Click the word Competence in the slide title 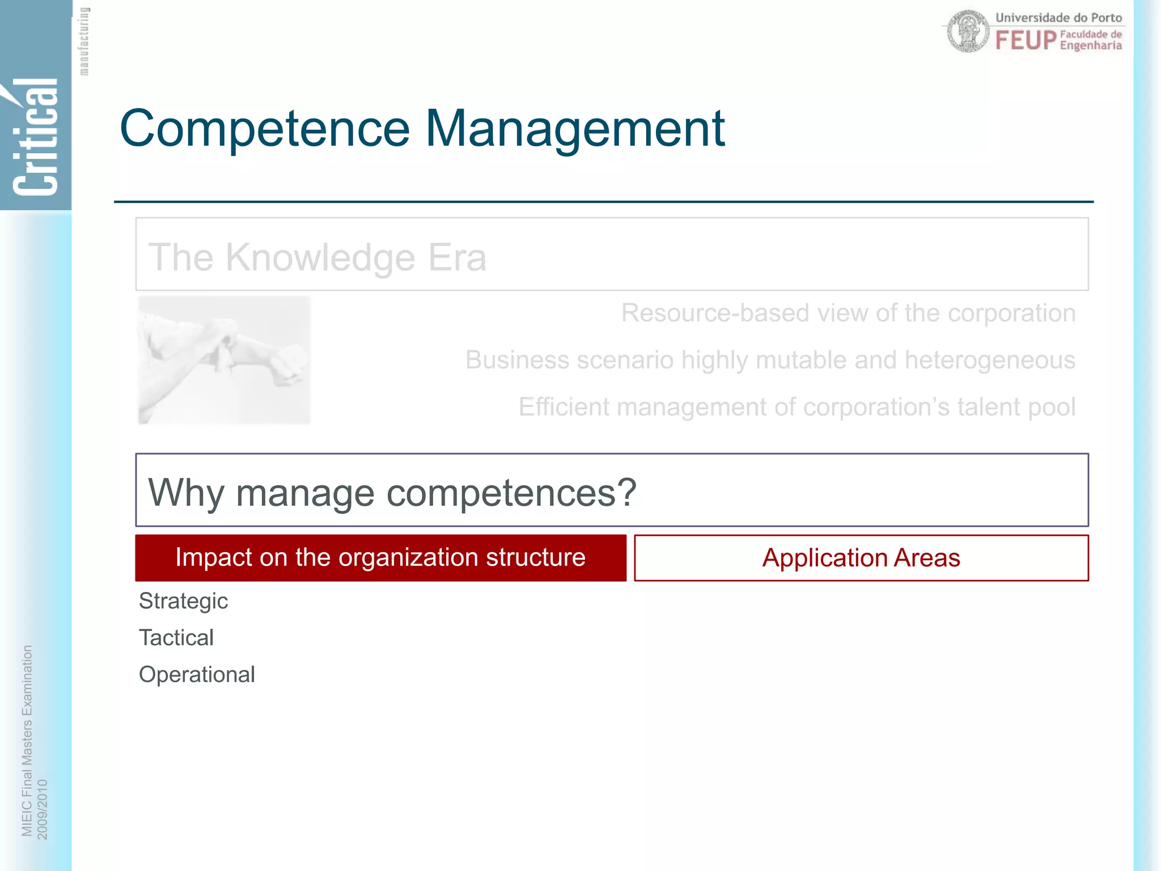264,129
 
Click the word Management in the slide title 575,129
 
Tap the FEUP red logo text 1026,41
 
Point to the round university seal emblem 968,32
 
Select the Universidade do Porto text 1058,18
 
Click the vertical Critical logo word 35,136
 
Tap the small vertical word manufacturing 84,41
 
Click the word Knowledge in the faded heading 321,257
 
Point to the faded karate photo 224,360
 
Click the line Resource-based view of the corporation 848,313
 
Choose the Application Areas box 861,558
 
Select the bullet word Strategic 183,601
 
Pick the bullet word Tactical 176,638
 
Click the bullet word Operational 197,675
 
